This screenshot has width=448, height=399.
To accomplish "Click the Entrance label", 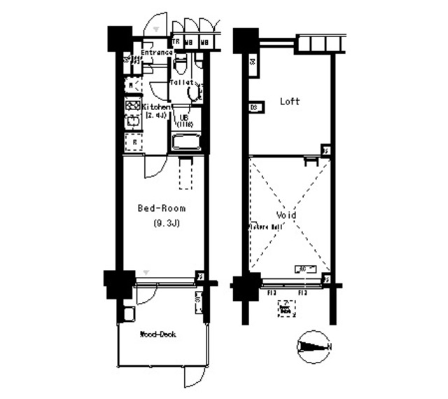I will (x=157, y=53).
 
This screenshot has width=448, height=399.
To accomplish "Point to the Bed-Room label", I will (x=161, y=208).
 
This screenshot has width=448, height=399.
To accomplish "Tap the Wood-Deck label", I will (x=157, y=334).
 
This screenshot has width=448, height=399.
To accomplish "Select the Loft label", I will (x=290, y=102).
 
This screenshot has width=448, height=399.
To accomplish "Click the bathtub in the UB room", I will (x=185, y=142).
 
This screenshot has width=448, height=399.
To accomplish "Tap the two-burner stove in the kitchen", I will (x=132, y=107).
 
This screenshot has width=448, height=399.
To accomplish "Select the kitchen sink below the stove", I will (x=132, y=123).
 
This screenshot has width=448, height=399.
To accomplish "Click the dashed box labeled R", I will (x=134, y=142).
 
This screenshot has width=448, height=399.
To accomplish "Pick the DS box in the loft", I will (x=255, y=107).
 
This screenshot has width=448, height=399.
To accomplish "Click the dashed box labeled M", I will (x=131, y=86).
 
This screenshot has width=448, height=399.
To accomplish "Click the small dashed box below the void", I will (x=285, y=308).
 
